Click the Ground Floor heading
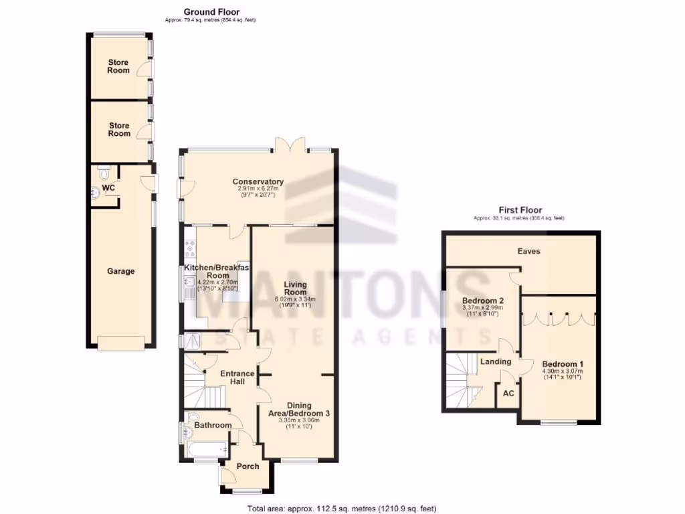click(x=211, y=12)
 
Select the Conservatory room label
click(x=258, y=181)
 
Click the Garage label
click(x=120, y=271)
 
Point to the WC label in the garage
click(x=108, y=188)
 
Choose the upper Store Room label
click(x=119, y=66)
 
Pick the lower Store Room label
click(x=119, y=129)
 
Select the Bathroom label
click(x=213, y=425)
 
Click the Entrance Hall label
click(x=237, y=377)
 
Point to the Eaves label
click(x=528, y=251)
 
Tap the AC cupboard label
click(x=508, y=394)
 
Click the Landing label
click(x=496, y=361)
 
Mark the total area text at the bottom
click(x=342, y=508)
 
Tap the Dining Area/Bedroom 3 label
click(x=299, y=409)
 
